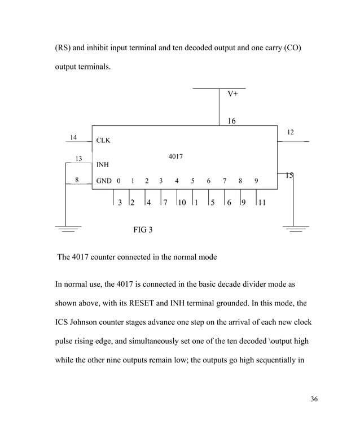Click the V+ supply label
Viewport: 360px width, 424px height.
click(232, 94)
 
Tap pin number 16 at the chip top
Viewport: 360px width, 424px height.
click(231, 121)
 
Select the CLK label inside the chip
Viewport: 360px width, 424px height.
click(103, 141)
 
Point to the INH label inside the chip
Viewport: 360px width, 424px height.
click(102, 165)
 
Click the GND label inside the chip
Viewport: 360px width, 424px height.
click(104, 181)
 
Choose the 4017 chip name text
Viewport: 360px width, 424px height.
click(175, 156)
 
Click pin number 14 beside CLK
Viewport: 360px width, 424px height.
click(73, 137)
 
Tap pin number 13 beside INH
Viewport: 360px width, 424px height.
click(78, 159)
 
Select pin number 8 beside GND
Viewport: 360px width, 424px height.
click(77, 180)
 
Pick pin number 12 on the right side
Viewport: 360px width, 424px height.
click(290, 132)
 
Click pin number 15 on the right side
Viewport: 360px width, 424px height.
click(289, 176)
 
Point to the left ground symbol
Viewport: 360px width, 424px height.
click(68, 228)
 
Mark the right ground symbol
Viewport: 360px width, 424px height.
click(295, 228)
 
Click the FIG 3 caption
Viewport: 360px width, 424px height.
click(142, 230)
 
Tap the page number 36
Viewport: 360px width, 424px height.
click(314, 399)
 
